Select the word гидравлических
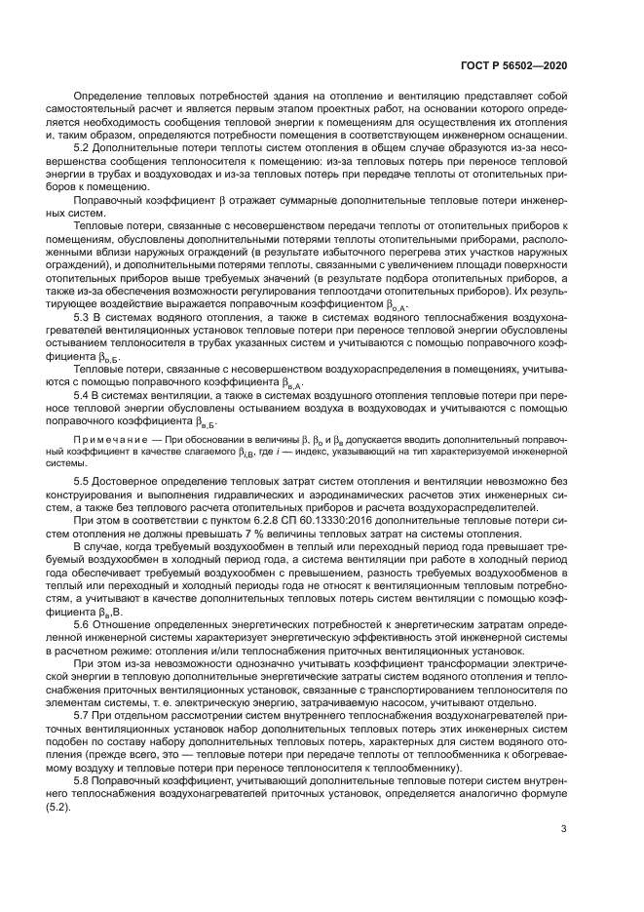click(238, 496)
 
